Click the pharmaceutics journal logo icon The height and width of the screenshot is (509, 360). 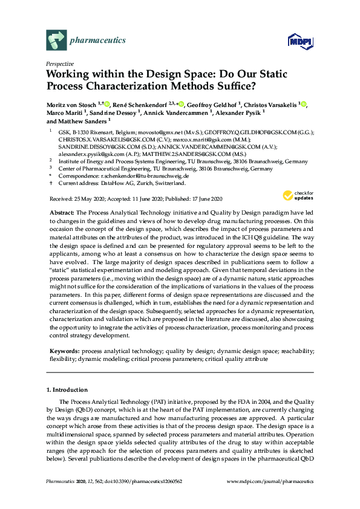click(57, 41)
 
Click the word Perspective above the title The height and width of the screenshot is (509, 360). click(60, 63)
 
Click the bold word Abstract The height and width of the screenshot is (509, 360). click(61, 213)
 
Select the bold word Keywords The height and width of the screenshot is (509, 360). click(64, 351)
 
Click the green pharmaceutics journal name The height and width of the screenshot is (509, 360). click(99, 41)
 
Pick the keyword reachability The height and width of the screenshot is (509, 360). click(293, 351)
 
